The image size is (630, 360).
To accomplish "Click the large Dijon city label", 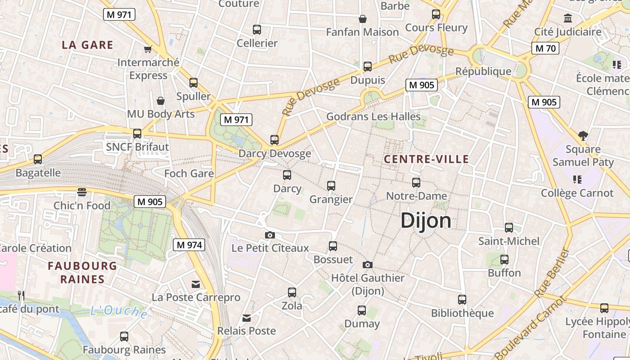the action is click(x=426, y=221).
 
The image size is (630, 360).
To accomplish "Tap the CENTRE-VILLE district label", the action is click(x=426, y=159).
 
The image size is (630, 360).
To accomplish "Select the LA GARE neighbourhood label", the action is click(x=87, y=45).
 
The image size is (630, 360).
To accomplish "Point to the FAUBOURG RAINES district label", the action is click(x=82, y=272).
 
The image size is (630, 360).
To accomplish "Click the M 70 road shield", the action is click(x=545, y=48).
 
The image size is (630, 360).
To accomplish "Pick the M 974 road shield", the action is click(x=189, y=245).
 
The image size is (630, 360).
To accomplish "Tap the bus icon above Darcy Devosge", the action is click(x=274, y=140).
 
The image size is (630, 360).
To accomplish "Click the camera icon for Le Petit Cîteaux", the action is click(x=270, y=235).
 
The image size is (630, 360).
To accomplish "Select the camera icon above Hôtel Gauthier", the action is click(x=368, y=265).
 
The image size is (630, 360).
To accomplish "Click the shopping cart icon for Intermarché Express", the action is click(x=148, y=49).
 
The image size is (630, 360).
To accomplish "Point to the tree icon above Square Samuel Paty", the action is click(x=583, y=135).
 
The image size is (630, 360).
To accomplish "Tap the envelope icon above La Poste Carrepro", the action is click(x=196, y=284).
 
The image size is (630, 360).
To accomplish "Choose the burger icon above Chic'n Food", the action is click(x=81, y=192).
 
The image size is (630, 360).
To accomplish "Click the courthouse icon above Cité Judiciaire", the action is click(x=568, y=18).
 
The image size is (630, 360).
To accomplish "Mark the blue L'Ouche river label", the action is click(x=119, y=311).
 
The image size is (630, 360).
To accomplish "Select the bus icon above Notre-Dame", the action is click(x=416, y=182).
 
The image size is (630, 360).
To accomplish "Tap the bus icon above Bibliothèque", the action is click(x=462, y=300).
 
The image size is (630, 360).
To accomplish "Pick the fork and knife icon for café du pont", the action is click(x=21, y=296).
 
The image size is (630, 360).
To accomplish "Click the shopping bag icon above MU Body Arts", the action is click(x=161, y=101).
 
